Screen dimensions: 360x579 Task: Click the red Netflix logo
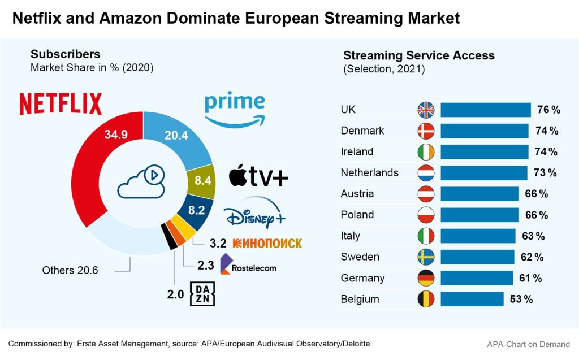[x=61, y=105]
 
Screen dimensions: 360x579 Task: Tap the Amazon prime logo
[x=234, y=110]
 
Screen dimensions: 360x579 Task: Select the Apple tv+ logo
[x=258, y=176]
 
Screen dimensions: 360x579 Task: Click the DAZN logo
[x=202, y=294]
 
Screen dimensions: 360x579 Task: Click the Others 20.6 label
[x=70, y=270]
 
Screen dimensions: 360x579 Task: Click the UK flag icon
[x=426, y=110]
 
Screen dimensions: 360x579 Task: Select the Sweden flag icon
[x=426, y=257]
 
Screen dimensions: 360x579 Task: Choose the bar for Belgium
[x=472, y=299]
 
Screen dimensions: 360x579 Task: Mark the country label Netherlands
[x=370, y=172]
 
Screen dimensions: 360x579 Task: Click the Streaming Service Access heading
[x=419, y=55]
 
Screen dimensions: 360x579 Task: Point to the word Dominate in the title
[x=191, y=18]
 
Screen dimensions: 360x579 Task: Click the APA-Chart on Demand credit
[x=529, y=344]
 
